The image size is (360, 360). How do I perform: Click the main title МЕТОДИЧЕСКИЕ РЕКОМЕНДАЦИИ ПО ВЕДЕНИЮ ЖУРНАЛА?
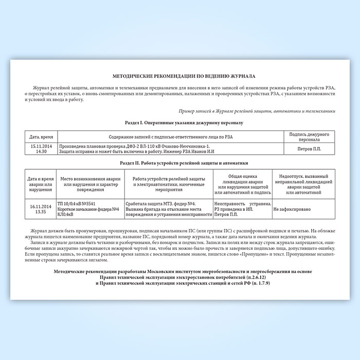180,76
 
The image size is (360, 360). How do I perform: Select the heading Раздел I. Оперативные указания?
180,123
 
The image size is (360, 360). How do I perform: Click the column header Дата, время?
42,137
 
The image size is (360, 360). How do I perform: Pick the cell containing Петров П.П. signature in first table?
309,149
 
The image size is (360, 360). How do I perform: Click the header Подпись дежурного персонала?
309,137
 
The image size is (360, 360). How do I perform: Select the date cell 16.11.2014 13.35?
39,209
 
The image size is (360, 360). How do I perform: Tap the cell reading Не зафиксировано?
292,209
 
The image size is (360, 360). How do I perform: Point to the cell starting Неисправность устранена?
241,206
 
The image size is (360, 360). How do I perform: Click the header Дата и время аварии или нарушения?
39,182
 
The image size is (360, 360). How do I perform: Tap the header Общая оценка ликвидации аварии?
241,182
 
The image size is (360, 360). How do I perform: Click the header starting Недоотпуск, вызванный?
303,182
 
